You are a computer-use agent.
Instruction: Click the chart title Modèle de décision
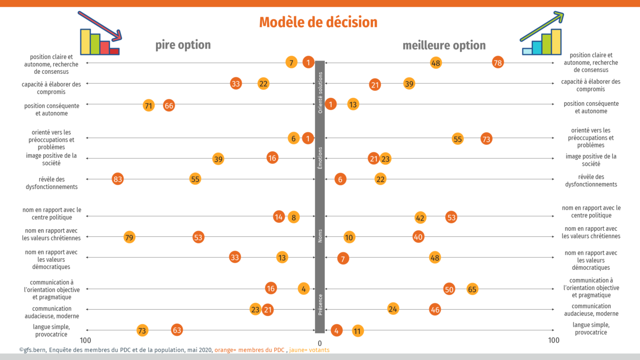pos(318,22)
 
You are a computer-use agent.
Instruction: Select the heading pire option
pos(183,45)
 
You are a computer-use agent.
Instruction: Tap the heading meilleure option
pos(444,45)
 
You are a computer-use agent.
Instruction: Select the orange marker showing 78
pos(497,63)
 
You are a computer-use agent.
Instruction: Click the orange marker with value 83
pos(117,179)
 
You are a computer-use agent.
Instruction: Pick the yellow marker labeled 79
pos(129,237)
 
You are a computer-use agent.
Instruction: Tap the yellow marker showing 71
pos(149,106)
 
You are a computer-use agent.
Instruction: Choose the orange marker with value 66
pos(169,106)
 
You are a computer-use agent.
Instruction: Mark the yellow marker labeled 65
pos(472,289)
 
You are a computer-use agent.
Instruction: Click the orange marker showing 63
pos(177,330)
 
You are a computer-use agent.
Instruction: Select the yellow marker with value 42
pos(420,218)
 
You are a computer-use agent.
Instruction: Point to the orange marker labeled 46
pos(435,310)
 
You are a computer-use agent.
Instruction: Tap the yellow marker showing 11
pos(357,331)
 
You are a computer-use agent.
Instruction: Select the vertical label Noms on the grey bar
pos(320,236)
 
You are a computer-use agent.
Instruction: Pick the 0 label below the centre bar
pos(320,344)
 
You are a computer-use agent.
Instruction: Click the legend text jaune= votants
pos(309,350)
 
